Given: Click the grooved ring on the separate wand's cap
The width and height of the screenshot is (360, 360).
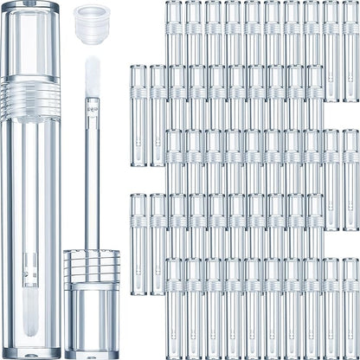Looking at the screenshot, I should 91,264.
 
